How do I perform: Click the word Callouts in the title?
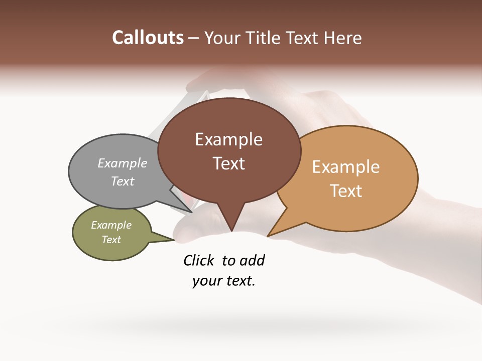point(148,38)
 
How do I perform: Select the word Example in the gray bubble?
point(123,163)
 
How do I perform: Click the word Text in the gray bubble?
point(123,181)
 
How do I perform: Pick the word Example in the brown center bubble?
point(228,139)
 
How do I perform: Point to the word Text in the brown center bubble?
point(228,163)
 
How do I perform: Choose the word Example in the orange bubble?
point(346,167)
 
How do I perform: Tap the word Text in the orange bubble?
point(346,191)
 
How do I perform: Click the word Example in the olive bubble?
point(111,225)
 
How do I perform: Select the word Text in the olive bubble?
point(111,240)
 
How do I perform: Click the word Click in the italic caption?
point(199,260)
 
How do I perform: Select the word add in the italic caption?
point(252,260)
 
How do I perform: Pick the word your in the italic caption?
point(203,281)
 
